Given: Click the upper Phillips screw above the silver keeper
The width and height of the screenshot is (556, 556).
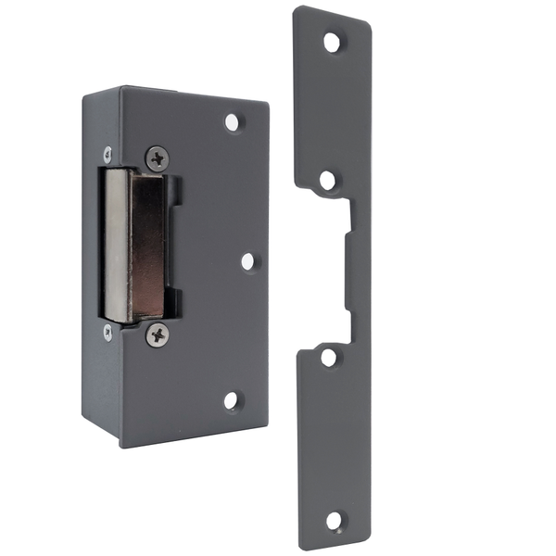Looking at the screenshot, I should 158,158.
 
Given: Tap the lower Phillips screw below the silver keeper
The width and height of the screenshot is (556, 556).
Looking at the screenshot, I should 158,335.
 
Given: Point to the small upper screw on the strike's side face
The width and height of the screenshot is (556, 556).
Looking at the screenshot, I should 107,153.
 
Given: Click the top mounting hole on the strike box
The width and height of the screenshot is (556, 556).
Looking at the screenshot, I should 233,121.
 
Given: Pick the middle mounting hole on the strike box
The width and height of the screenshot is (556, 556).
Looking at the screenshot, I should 249,261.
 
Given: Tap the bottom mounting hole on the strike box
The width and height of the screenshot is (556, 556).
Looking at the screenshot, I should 232,400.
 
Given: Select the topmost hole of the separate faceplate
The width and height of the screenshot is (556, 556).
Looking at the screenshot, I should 332,42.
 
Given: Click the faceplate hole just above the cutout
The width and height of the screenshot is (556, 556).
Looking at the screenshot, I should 329,179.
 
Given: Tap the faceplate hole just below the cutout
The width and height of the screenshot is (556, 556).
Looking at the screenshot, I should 329,357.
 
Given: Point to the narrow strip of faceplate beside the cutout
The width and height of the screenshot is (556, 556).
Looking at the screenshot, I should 360,269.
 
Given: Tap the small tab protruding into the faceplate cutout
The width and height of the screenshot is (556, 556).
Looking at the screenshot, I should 348,269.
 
